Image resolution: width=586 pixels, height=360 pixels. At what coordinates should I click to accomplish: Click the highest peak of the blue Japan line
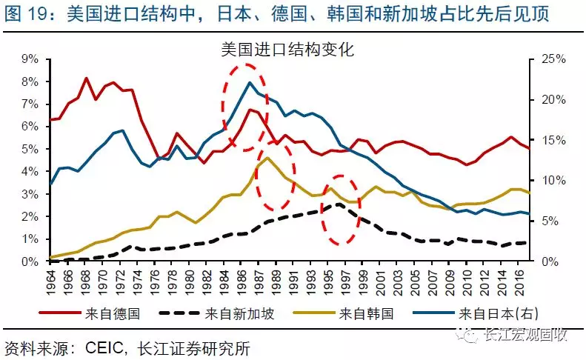pos(250,81)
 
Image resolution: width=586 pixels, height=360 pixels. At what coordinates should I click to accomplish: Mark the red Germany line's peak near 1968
pos(86,78)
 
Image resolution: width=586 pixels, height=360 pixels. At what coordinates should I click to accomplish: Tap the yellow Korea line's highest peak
pos(267,157)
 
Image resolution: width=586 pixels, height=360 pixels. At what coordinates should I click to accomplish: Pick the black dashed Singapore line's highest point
pos(339,204)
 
